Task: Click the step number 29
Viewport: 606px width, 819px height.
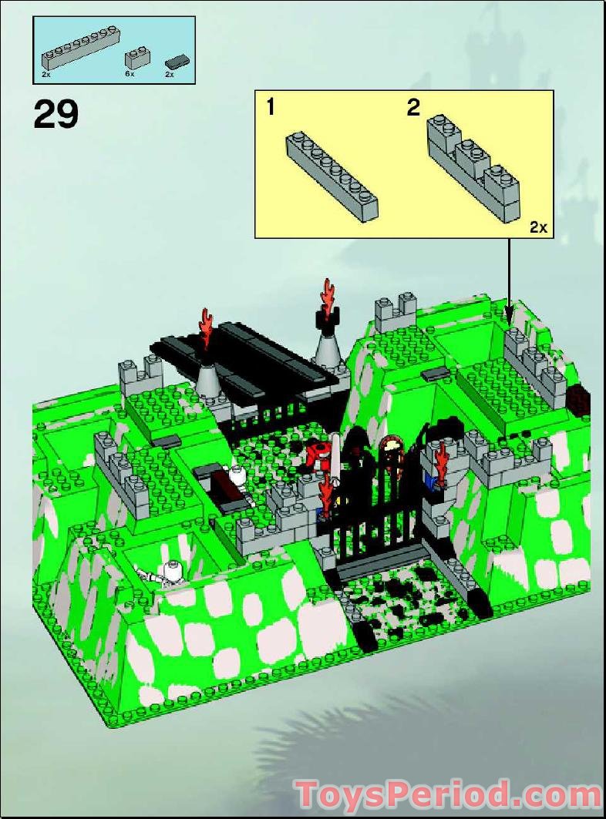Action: [x=56, y=114]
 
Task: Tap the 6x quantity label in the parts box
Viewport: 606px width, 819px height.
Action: [x=130, y=76]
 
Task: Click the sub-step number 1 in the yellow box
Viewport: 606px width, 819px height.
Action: [x=270, y=107]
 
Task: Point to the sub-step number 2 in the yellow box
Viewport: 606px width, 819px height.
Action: [x=413, y=108]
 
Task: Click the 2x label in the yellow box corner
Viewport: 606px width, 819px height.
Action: [x=537, y=227]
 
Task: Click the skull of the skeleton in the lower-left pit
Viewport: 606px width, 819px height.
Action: [x=173, y=571]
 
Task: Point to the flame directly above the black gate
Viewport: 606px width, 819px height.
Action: [x=325, y=492]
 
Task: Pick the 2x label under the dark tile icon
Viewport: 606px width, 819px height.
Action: [x=170, y=76]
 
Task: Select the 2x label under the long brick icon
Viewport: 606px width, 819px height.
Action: [x=46, y=76]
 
